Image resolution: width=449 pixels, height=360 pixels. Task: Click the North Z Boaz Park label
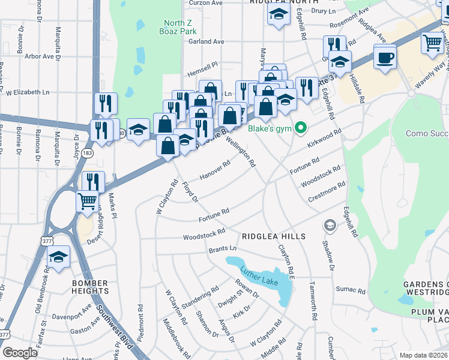pos(179,28)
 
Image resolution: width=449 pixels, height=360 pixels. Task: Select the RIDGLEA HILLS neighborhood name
pos(274,236)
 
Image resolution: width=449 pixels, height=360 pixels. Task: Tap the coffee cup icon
pos(385,58)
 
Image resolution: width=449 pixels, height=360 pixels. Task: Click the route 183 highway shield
pos(88,154)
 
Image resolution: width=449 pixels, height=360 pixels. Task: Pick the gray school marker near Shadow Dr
pos(329,226)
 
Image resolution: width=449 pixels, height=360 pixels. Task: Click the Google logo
pos(20,353)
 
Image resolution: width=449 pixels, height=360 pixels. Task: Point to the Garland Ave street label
pos(206,41)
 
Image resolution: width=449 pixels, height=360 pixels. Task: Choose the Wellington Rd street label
pos(241,152)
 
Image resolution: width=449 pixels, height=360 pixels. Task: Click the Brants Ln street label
pos(223,249)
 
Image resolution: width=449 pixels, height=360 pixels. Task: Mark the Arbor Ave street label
pos(40,56)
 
